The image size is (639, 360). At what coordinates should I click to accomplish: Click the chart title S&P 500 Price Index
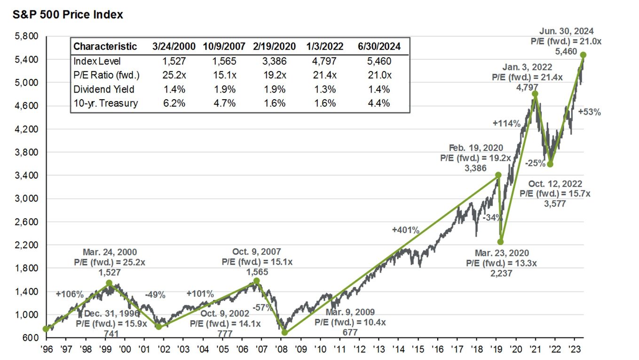(68, 15)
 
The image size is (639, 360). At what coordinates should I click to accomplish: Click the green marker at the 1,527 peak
(109, 283)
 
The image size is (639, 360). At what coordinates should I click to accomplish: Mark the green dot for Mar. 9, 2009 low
(284, 332)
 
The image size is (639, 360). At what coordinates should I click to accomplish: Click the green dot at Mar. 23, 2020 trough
(501, 242)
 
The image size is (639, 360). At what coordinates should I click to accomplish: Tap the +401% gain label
(405, 230)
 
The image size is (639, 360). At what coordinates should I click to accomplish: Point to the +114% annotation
(506, 124)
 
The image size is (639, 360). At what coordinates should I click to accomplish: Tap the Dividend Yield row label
(104, 89)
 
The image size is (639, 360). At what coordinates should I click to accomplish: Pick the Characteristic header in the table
(105, 46)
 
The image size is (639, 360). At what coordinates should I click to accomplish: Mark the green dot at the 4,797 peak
(535, 94)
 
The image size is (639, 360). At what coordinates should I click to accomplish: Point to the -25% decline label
(536, 164)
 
